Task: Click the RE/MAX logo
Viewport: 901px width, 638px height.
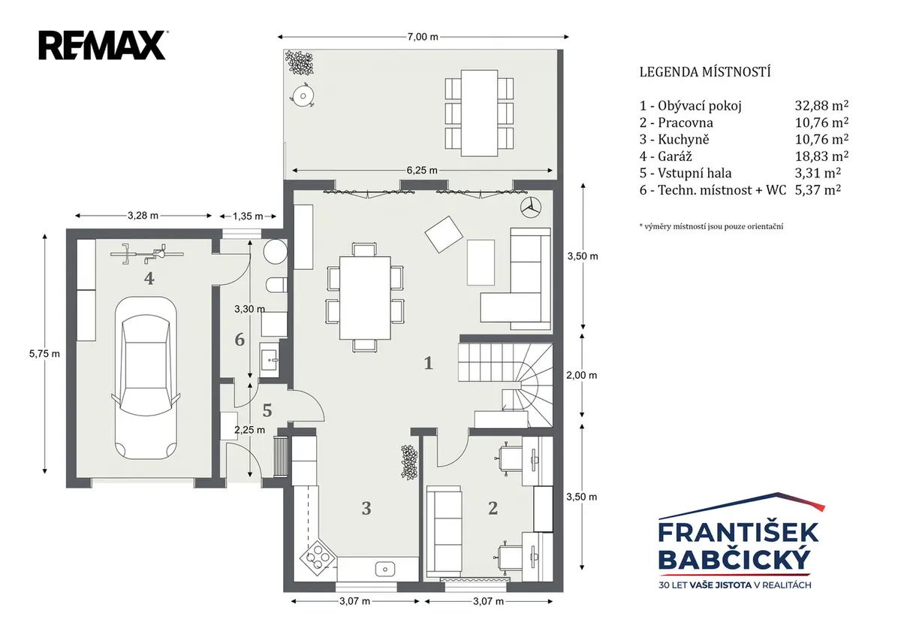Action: coord(103,46)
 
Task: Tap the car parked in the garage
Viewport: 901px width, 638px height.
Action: coord(145,379)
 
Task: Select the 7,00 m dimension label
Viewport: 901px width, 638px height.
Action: coord(423,37)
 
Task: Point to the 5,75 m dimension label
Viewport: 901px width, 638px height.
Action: coord(44,353)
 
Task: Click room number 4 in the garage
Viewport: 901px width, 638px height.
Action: coord(149,278)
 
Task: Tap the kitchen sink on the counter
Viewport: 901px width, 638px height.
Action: coord(385,569)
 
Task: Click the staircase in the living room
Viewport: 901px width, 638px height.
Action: coord(506,385)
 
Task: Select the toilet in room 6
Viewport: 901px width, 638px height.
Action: coord(277,285)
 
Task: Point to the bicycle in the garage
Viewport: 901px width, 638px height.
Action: coord(147,253)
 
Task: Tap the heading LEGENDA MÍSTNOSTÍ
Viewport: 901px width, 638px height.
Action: coord(705,72)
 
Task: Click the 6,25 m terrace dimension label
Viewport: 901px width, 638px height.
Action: coord(422,171)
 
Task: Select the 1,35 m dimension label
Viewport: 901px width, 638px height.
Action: coord(248,216)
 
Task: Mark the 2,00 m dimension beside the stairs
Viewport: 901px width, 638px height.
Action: coord(582,375)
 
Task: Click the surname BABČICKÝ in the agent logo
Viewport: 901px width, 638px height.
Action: coord(736,560)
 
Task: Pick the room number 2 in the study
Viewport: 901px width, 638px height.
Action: coord(493,508)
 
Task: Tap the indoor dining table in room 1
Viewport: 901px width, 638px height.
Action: coord(365,298)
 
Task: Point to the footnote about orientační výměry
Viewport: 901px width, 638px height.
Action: coord(711,227)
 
